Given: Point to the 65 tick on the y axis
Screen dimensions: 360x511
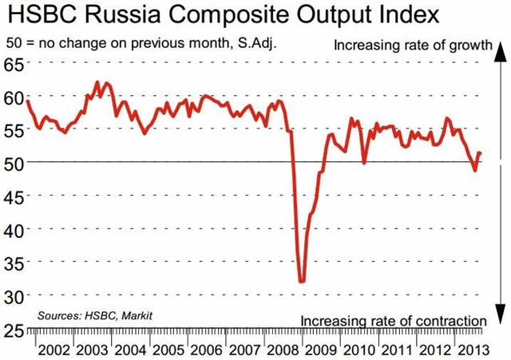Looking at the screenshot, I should tap(14, 64).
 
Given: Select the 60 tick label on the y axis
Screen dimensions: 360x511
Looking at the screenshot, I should tap(14, 97).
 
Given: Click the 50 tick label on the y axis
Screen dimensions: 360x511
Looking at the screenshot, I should tap(14, 163).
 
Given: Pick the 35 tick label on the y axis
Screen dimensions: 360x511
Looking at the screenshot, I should tap(14, 262).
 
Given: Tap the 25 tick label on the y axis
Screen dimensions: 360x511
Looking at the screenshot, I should tap(14, 328).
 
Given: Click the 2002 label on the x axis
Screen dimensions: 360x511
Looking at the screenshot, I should tap(52, 350).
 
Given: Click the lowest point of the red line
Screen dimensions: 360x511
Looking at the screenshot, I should tap(302, 281).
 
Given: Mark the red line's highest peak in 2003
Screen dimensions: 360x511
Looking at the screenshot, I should tap(97, 82).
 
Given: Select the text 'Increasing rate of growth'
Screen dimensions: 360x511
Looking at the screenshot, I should tap(412, 45).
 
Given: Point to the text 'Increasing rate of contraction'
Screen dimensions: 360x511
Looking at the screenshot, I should tap(394, 320).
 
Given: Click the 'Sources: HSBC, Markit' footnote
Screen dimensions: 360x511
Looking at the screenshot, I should tap(94, 316).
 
